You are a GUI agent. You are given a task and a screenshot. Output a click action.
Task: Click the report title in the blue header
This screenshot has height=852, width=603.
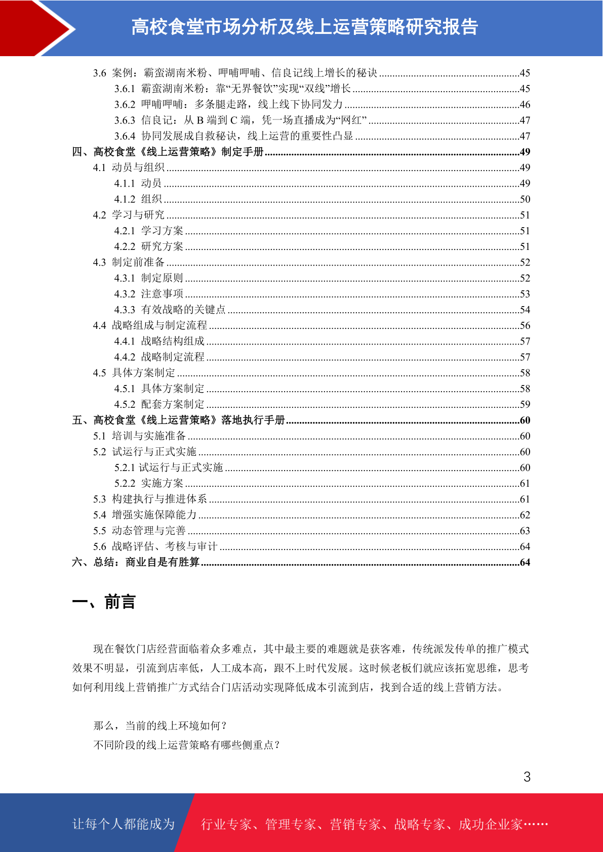(x=304, y=27)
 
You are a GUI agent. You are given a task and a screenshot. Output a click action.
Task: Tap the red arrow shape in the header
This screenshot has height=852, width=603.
(x=35, y=28)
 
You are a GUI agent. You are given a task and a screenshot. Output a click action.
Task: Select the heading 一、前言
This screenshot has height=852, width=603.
(x=104, y=602)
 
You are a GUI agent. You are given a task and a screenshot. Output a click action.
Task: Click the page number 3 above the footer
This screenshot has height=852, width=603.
(x=527, y=777)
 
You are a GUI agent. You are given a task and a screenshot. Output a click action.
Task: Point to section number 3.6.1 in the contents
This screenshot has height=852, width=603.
(x=125, y=89)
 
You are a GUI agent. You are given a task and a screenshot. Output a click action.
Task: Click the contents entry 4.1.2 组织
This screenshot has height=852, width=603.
(x=138, y=199)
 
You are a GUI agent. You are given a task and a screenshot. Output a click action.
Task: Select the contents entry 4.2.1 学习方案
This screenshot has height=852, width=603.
(x=148, y=231)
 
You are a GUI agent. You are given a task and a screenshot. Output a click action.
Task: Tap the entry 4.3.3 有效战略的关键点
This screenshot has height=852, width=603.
(x=170, y=310)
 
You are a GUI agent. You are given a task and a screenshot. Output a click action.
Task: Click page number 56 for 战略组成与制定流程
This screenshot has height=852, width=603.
(x=525, y=326)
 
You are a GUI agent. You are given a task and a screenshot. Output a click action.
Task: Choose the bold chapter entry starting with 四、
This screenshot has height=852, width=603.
(x=168, y=152)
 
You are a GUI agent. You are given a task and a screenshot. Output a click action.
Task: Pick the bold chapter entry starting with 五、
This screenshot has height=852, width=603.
(x=178, y=420)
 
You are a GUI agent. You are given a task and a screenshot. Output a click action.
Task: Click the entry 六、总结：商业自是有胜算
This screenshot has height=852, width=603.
(x=136, y=563)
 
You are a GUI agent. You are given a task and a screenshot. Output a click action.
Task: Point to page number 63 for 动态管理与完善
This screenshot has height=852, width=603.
(x=525, y=531)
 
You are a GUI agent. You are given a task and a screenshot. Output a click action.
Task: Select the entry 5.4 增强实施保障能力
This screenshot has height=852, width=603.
(x=145, y=515)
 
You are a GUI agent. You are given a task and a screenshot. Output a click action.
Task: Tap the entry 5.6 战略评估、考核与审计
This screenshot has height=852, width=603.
(x=155, y=547)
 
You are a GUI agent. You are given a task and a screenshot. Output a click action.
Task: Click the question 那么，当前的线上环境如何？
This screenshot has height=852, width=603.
(x=160, y=726)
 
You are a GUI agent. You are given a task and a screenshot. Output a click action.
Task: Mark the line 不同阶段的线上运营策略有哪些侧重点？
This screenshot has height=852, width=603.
(x=186, y=745)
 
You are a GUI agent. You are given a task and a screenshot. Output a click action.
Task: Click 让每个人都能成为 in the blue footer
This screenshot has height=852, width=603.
(x=124, y=824)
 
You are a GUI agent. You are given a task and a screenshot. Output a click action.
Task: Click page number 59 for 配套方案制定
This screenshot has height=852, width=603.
(x=525, y=405)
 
